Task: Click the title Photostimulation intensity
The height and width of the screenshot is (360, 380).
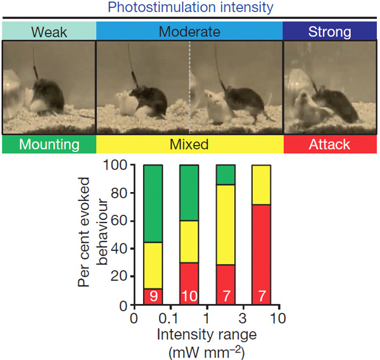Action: tap(189, 8)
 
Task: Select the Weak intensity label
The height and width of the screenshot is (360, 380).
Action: tap(48, 30)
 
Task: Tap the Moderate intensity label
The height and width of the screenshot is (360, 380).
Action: tap(189, 30)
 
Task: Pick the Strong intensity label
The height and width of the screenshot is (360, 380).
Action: tap(330, 30)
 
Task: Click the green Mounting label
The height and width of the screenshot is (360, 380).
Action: tap(49, 145)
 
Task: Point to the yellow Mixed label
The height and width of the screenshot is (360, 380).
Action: tap(189, 145)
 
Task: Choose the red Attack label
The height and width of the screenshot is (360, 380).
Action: tap(329, 145)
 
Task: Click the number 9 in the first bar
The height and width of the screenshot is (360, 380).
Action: tap(153, 297)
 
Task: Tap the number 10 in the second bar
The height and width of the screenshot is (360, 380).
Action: tap(189, 297)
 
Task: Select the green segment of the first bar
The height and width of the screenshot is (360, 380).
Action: tap(153, 203)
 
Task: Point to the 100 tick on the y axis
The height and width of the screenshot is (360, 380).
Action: tap(118, 166)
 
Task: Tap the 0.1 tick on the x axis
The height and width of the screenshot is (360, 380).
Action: tap(168, 316)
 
